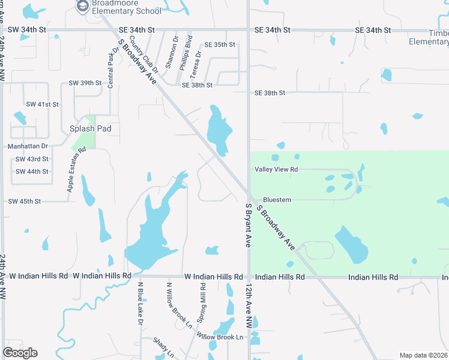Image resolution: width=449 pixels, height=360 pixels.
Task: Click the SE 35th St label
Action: coord(220,45)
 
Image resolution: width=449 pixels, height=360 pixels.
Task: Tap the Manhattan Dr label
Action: coord(28,146)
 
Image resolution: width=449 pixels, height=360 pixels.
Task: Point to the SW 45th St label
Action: coord(25,201)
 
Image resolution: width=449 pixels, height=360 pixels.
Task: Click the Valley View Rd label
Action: coord(276,170)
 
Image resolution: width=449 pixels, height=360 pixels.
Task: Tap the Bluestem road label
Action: coord(277,200)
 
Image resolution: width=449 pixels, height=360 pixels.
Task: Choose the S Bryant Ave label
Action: coord(247,225)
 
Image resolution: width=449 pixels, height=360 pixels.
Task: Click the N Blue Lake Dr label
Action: coord(140,304)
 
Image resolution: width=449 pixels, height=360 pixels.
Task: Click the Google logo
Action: coord(20,353)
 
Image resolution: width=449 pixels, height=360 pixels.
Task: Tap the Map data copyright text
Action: coord(424,355)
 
